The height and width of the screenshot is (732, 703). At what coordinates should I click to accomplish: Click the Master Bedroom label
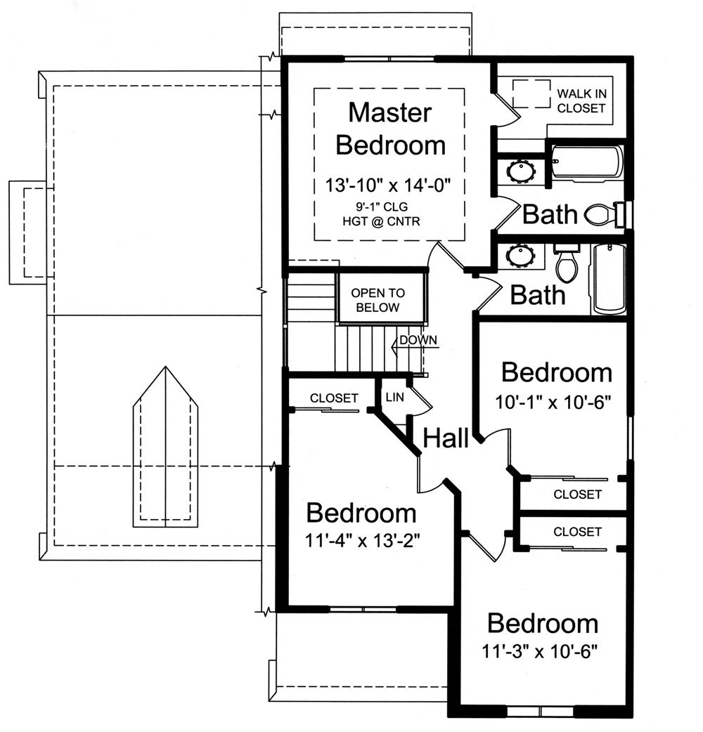pos(390,129)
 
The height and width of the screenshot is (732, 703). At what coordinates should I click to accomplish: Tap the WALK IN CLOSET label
pos(581,100)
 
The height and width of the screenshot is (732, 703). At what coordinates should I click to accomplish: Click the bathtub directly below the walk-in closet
pos(586,162)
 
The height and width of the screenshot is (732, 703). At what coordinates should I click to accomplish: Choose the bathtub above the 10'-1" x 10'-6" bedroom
pos(609,279)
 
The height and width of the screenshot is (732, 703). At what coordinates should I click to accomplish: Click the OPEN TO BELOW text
pos(378,300)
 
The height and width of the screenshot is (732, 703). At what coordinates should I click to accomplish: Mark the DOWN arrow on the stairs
pos(415,341)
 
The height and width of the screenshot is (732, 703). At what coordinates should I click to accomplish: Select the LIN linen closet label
pos(394,398)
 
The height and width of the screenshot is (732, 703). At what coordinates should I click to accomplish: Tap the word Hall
pos(446,439)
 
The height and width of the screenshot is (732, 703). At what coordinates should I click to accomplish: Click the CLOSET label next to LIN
pos(334,398)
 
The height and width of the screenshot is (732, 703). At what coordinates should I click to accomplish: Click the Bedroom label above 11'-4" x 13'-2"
pos(361,514)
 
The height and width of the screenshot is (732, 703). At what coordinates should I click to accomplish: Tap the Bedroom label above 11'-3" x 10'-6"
pos(543,623)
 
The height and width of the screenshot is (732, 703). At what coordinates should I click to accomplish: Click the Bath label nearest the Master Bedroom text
pos(550,214)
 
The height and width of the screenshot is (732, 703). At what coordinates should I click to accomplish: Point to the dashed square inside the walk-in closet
pos(530,93)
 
